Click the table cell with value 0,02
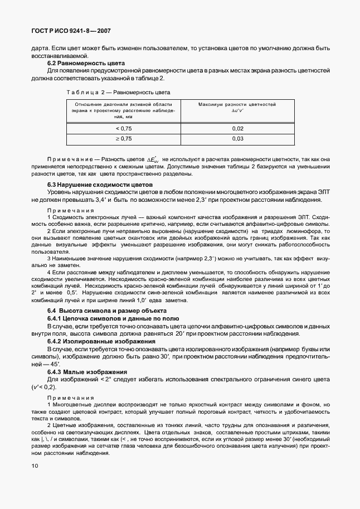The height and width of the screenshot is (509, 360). [x=238, y=128]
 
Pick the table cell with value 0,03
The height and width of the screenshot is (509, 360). [x=238, y=139]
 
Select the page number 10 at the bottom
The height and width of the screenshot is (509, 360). [x=35, y=464]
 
